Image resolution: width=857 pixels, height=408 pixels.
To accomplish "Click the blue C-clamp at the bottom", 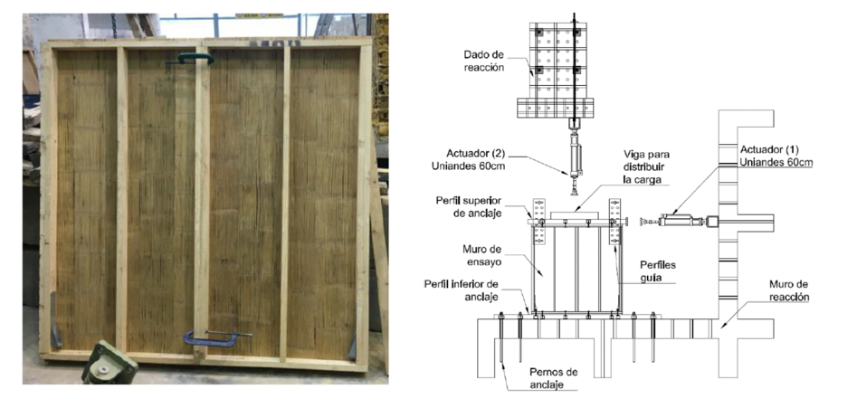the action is coord(211,339).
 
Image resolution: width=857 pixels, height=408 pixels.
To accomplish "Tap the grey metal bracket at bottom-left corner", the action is coord(55,321).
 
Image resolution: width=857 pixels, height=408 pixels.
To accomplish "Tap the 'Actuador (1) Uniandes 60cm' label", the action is coord(775,156).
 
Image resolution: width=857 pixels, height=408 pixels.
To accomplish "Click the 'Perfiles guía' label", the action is coord(658,270).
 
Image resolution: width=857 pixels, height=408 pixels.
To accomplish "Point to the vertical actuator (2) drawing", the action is coord(575,155).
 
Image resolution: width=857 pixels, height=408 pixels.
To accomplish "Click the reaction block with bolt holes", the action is coord(556,70).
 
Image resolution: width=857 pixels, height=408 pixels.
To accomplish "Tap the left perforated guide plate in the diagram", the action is coord(539,221).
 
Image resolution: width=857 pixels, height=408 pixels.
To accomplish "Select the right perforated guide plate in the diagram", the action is coord(614,221).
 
